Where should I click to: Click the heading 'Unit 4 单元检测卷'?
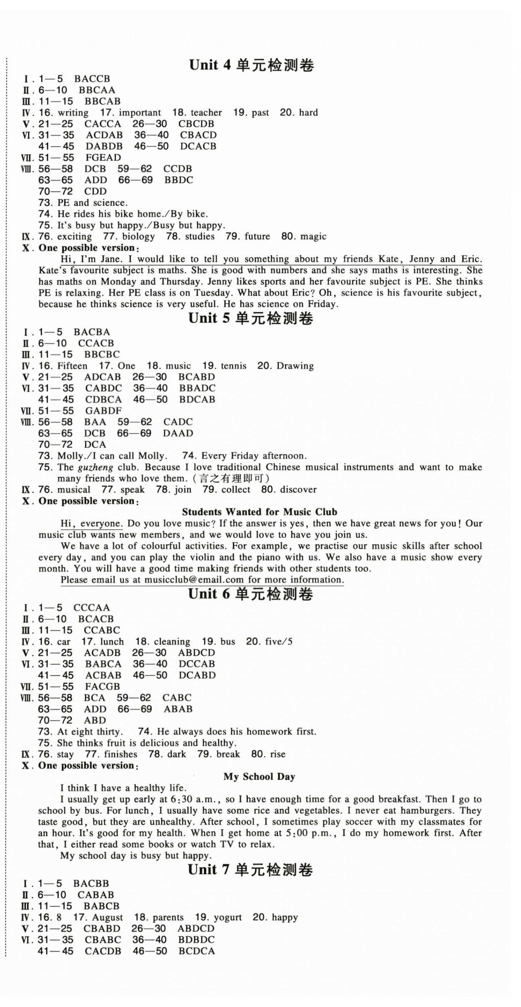click(x=251, y=65)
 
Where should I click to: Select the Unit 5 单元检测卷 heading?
click(x=251, y=318)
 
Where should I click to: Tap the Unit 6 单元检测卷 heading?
click(x=250, y=594)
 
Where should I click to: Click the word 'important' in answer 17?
click(x=139, y=113)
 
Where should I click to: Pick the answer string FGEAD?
click(x=103, y=158)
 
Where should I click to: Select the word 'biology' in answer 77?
click(x=138, y=237)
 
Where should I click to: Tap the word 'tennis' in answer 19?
click(x=233, y=366)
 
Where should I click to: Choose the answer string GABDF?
click(x=103, y=411)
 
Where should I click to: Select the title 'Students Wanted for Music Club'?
click(x=259, y=512)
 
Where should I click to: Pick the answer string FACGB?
click(x=103, y=687)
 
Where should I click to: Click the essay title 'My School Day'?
click(x=259, y=777)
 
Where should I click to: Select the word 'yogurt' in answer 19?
click(x=227, y=917)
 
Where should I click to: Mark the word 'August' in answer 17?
click(x=108, y=917)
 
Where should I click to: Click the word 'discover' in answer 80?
click(x=298, y=490)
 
